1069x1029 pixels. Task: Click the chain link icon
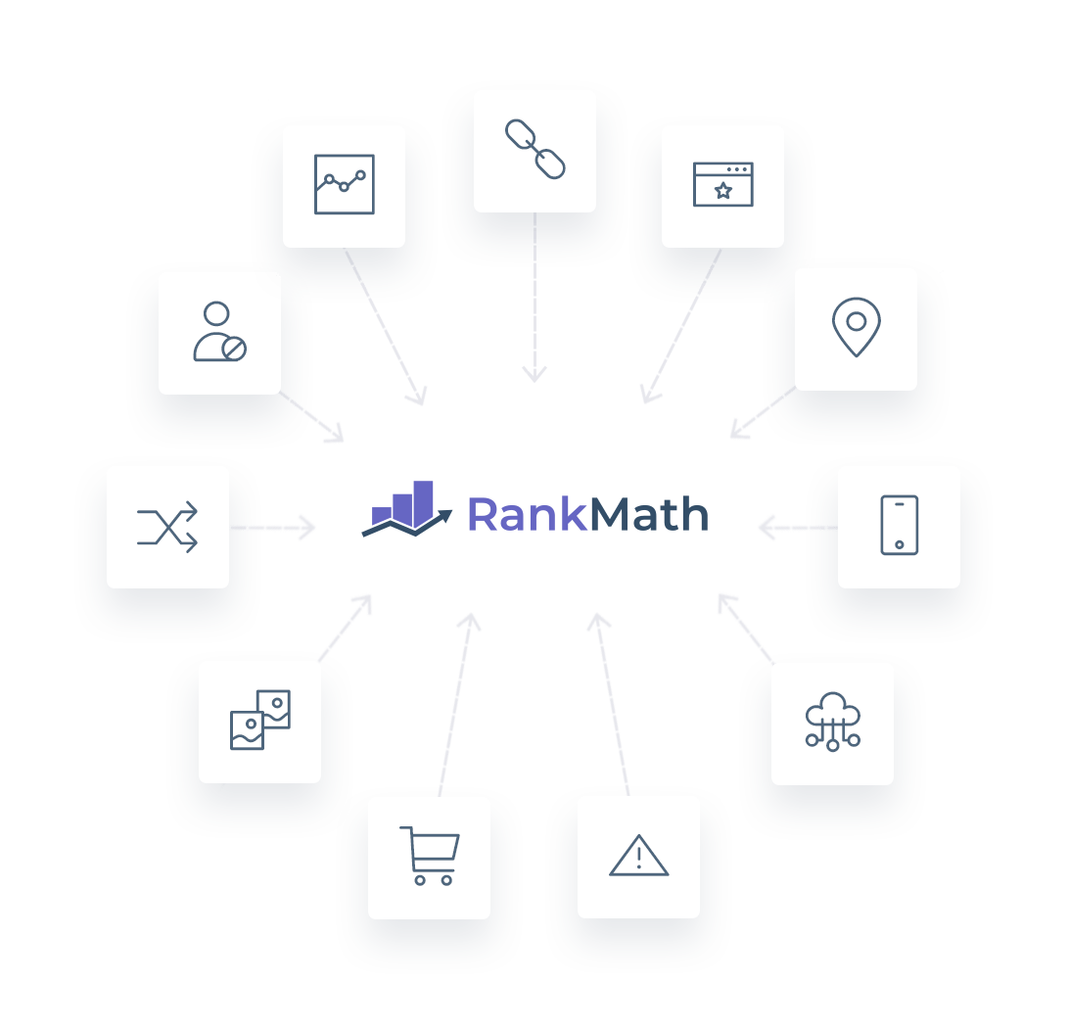(535, 150)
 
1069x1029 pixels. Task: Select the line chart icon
(345, 184)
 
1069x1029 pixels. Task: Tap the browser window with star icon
(723, 184)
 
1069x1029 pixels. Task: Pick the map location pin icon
(857, 327)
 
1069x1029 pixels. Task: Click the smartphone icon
(900, 525)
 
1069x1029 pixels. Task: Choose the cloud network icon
(832, 722)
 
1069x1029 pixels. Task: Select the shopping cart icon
(430, 856)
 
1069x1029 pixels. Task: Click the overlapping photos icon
(260, 720)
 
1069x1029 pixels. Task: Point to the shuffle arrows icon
(167, 527)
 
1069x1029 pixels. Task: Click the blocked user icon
(219, 331)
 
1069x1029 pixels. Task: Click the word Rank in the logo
(527, 514)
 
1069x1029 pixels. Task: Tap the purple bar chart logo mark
(407, 509)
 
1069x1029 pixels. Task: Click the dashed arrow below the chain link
(534, 298)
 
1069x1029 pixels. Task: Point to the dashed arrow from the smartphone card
(799, 528)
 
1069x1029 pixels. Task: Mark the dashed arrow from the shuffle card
(273, 528)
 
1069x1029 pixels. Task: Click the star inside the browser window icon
(723, 191)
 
